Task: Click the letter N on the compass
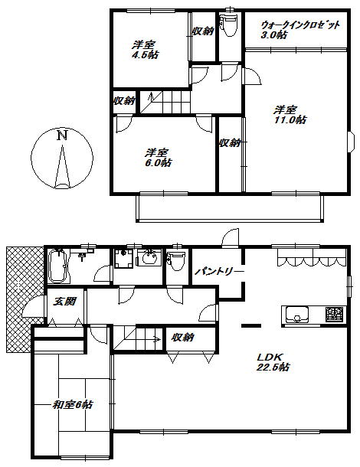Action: [62, 136]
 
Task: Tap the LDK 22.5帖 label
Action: [273, 361]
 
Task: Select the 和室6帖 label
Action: [73, 405]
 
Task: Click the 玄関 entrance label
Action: [64, 302]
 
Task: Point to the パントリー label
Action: [219, 272]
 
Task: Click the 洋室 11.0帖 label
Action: [290, 115]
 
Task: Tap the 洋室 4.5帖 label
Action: [145, 50]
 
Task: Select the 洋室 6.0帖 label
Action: [158, 158]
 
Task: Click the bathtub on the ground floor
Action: [58, 266]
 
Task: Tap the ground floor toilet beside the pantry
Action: [176, 261]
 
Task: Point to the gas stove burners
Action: [335, 314]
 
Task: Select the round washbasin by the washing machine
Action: [149, 258]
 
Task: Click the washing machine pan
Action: [123, 258]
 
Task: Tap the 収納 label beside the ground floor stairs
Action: [183, 338]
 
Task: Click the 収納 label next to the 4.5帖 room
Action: [203, 31]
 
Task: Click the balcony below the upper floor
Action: [230, 208]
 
